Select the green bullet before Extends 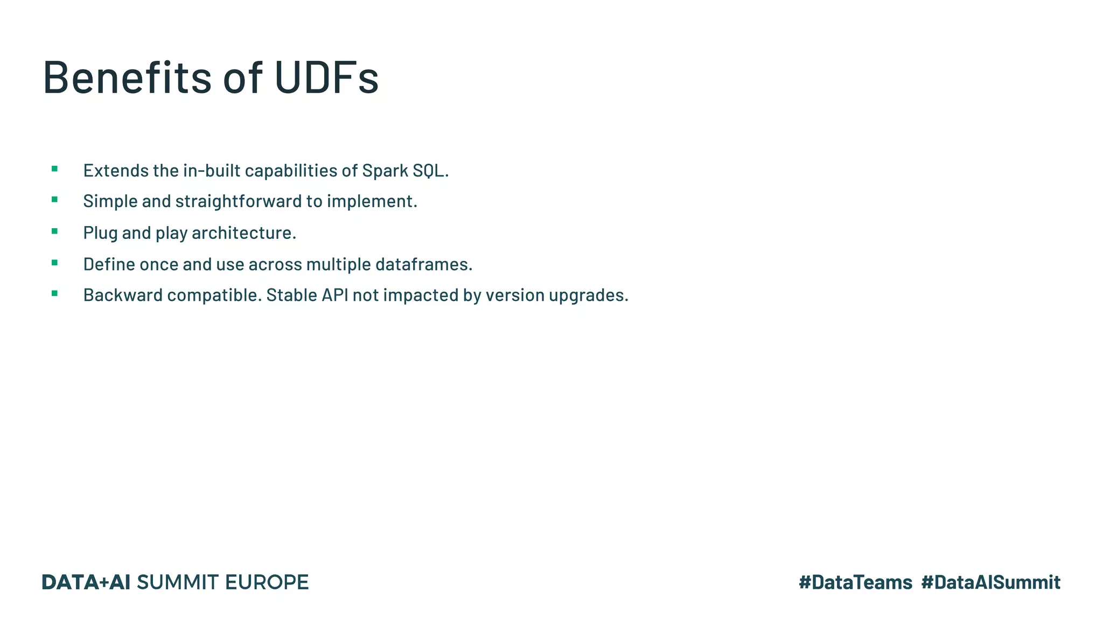54,169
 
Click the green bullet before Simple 54,200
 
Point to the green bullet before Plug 54,231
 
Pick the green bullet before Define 54,263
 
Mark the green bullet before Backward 54,293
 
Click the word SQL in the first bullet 430,171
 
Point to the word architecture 243,233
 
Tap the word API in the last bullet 335,295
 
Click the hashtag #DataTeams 855,582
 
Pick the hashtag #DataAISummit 990,582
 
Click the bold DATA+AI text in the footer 86,582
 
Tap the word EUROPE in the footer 267,582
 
